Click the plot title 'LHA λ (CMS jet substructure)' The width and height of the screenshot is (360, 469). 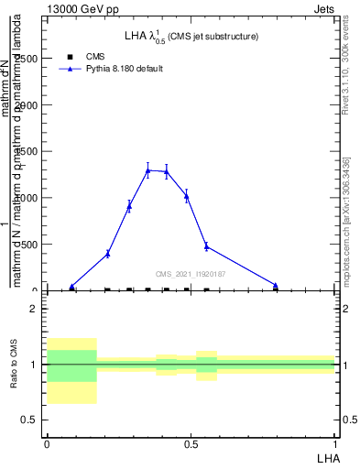(x=191, y=36)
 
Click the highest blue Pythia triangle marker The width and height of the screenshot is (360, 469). (x=147, y=170)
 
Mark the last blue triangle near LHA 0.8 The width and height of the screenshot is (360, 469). (x=276, y=285)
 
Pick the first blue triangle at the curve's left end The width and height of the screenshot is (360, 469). (x=72, y=287)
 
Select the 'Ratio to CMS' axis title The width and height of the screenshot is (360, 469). (x=15, y=364)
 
